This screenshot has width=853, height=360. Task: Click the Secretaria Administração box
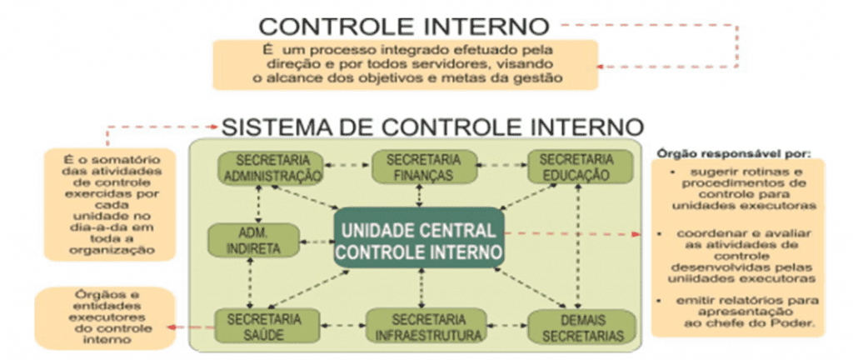270,167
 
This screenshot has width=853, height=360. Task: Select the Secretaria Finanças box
424,167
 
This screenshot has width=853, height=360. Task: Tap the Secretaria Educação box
581,167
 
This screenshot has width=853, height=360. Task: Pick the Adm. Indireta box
254,240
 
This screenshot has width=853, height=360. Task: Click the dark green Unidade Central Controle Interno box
419,237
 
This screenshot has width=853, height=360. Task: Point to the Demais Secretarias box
581,327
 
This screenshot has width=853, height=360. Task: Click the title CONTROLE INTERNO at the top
404,26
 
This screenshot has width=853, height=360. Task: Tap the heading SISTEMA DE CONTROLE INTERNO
432,127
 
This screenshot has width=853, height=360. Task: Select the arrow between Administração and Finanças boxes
347,164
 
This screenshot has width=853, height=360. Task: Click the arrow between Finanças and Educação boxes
502,164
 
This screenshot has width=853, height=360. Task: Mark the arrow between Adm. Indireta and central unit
317,241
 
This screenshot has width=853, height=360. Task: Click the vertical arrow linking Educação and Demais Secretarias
577,247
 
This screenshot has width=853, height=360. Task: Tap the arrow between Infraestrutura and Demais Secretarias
507,327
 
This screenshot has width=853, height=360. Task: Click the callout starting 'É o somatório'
109,205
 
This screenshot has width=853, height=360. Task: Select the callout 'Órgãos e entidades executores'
105,317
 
